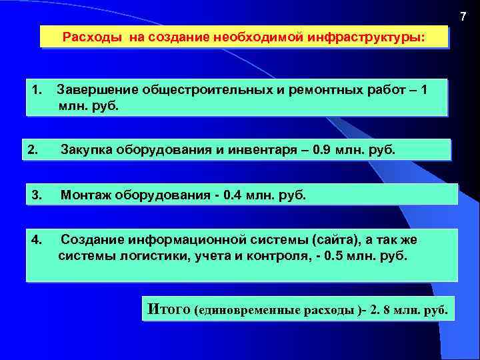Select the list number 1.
[x=37, y=89]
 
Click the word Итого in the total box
[x=169, y=309]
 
